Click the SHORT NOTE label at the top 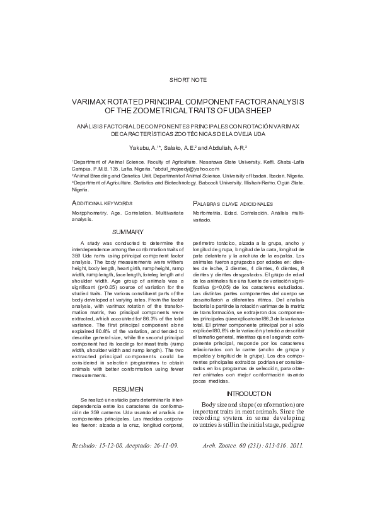click(x=187, y=80)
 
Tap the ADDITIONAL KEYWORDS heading click(x=101, y=204)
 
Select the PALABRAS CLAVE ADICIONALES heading click(x=233, y=204)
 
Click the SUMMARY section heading click(x=127, y=232)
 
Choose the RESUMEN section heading click(x=127, y=390)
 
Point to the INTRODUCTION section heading click(x=248, y=393)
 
